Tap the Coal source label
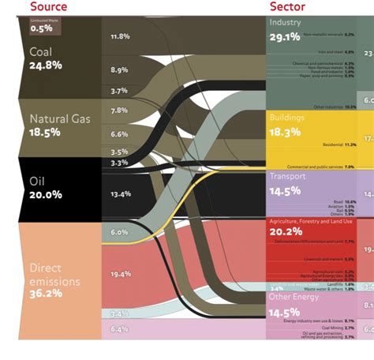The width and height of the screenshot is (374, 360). pyautogui.click(x=41, y=52)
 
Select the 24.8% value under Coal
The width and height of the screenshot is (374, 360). pyautogui.click(x=46, y=66)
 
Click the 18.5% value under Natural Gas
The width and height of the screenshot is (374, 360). pyautogui.click(x=45, y=133)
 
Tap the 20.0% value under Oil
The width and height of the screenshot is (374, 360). pyautogui.click(x=46, y=194)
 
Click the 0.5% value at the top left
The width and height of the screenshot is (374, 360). pyautogui.click(x=41, y=28)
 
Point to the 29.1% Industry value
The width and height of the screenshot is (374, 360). pyautogui.click(x=285, y=36)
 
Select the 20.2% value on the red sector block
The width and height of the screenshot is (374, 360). pyautogui.click(x=285, y=231)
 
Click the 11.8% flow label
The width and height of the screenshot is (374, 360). pyautogui.click(x=119, y=36)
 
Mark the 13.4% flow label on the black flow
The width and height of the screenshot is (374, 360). pyautogui.click(x=120, y=193)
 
